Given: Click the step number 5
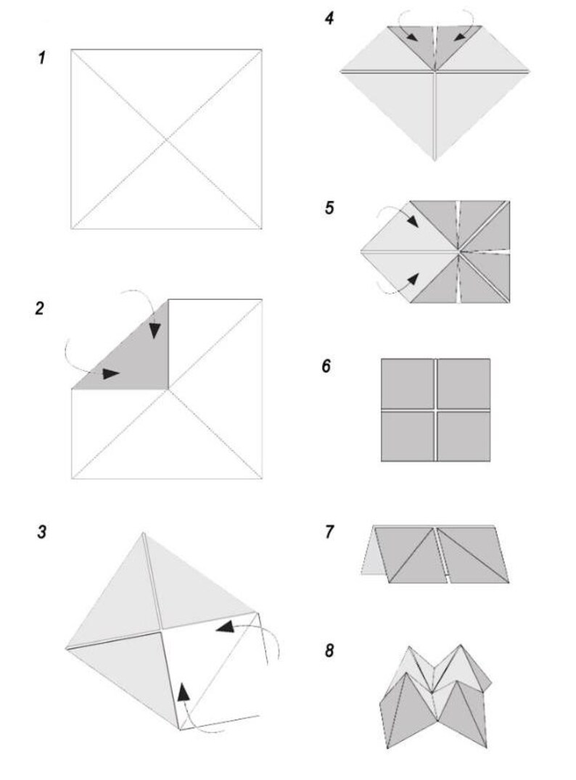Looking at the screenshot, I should click(329, 209).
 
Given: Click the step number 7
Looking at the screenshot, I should click(330, 533).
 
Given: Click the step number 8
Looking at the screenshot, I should click(329, 650).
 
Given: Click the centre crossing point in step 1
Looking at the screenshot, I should click(166, 139).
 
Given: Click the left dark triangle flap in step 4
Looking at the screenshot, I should click(413, 43).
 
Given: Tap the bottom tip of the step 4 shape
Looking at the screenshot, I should click(435, 159).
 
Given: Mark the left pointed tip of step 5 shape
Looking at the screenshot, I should click(361, 252).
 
